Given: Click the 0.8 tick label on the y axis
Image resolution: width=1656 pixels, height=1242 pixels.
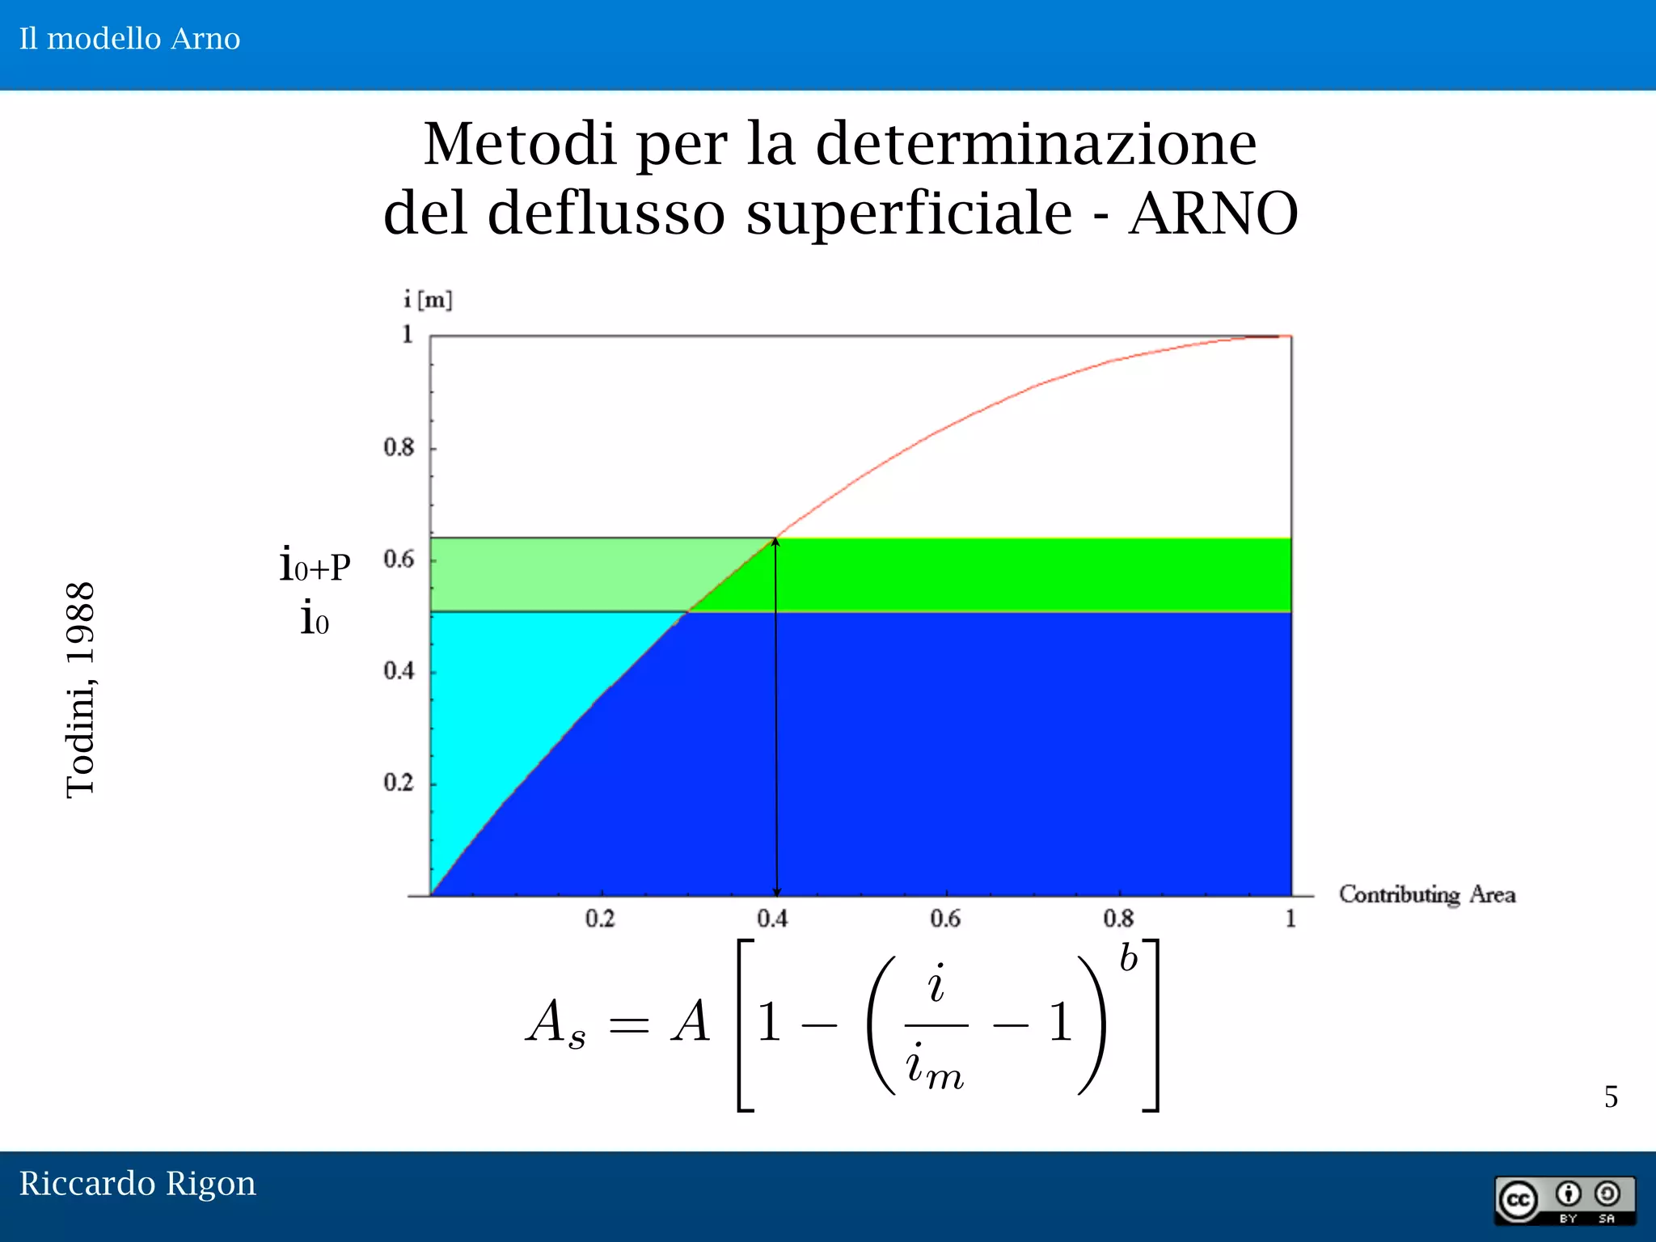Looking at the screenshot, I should (399, 447).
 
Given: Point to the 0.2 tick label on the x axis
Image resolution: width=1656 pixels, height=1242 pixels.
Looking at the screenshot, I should (599, 919).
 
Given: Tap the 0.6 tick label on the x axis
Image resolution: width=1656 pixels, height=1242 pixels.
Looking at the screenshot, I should (944, 919).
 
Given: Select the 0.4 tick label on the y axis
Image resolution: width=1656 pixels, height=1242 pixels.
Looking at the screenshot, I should (399, 671).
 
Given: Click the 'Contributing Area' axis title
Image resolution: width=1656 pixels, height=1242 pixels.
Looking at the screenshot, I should (1426, 894).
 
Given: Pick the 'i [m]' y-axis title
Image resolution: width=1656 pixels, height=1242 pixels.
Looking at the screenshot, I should (428, 300).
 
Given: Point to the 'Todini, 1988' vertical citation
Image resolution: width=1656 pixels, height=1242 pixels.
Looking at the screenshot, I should (81, 690).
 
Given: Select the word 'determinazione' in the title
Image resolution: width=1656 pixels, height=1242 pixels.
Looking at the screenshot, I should (1036, 144).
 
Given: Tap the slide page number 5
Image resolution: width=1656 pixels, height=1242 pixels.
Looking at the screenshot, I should (1611, 1097).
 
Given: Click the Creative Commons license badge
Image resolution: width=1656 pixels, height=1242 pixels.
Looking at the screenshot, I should (1565, 1201).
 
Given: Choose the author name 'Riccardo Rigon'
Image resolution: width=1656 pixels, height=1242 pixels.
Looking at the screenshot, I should (137, 1184).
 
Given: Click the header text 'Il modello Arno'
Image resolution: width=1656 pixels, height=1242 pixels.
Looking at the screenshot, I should (129, 39).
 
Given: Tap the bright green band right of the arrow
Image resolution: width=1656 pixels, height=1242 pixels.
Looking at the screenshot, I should (1035, 574).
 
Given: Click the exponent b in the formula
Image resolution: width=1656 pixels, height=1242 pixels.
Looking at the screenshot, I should (1128, 959).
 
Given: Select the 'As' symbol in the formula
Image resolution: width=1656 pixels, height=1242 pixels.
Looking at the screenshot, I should (556, 1023).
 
